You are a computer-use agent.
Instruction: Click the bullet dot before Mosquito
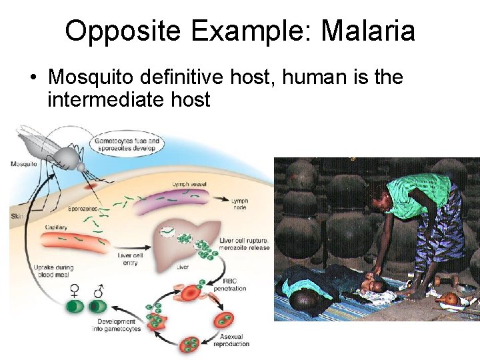click(x=33, y=78)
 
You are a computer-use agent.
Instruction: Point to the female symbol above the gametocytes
click(x=74, y=291)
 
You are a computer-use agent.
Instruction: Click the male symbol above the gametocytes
click(x=99, y=291)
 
